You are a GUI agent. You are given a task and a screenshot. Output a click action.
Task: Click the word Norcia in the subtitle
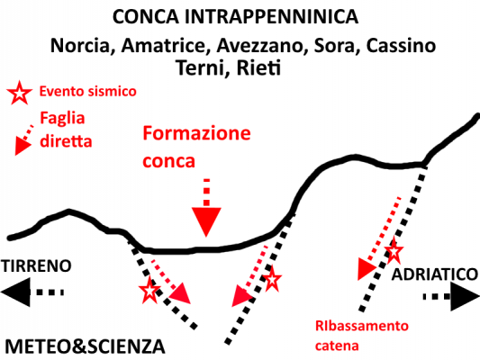80,46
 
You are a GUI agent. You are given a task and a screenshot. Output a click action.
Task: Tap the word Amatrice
163,46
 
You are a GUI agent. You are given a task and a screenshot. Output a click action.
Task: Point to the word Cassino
401,46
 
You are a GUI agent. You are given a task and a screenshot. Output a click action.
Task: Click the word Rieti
258,67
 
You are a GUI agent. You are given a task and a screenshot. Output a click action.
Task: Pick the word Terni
203,67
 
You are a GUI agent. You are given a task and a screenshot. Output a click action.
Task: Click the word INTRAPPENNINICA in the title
271,17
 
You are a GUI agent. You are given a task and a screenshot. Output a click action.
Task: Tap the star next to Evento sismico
19,93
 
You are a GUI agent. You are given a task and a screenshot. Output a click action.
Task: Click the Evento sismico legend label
88,92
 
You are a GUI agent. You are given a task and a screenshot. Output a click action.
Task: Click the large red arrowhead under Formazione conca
206,221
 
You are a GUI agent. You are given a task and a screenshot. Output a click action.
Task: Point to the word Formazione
196,133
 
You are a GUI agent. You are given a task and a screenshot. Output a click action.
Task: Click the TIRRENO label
36,265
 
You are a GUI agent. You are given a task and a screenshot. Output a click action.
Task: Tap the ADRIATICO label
435,274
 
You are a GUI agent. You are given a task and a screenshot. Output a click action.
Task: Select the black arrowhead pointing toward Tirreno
15,292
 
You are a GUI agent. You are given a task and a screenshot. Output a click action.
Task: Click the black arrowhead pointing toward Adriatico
465,296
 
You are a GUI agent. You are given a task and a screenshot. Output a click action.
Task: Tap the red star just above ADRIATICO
394,251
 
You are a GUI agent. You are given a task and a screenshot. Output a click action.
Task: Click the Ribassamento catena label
362,336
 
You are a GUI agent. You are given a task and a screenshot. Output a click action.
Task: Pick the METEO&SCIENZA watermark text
85,346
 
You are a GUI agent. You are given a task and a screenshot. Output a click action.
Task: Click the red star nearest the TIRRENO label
149,291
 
